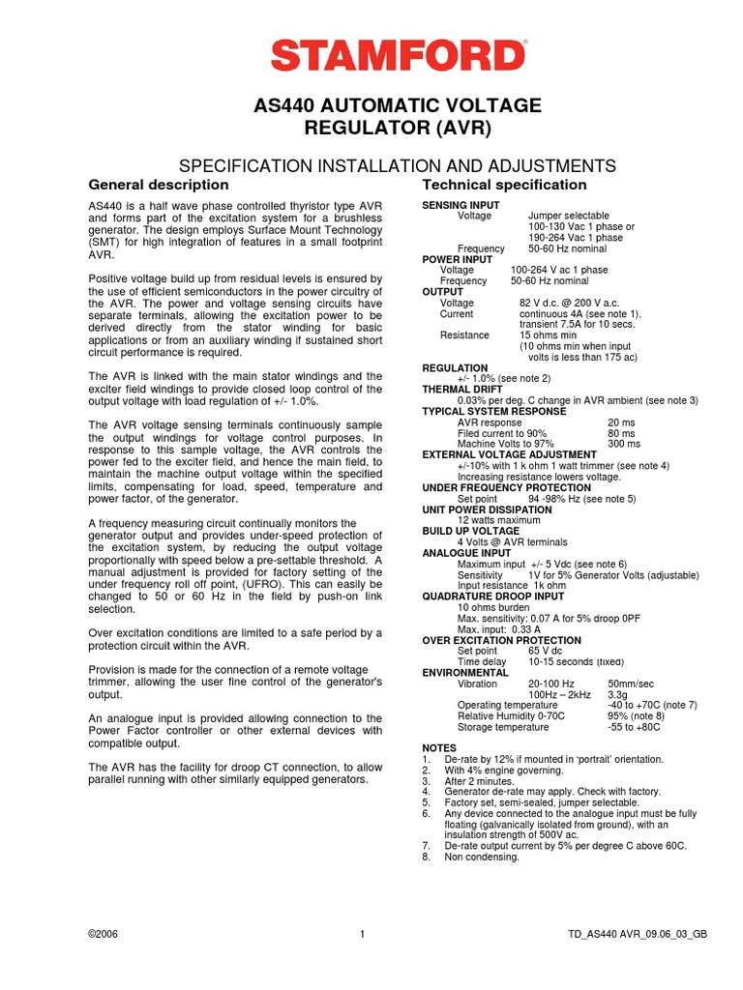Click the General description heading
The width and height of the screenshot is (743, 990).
[159, 185]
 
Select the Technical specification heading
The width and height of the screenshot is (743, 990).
[504, 185]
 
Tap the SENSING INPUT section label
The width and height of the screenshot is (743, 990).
[461, 205]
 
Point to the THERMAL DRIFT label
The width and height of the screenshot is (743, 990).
[462, 390]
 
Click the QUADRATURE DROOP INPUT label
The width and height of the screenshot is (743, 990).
[493, 597]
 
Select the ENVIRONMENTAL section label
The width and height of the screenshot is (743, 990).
[465, 672]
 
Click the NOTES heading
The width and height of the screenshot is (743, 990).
[439, 748]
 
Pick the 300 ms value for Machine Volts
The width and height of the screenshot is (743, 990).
[623, 444]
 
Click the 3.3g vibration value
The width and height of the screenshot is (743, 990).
[617, 694]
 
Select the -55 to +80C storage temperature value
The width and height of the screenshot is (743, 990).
[639, 726]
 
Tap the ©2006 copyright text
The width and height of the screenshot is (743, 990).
[103, 935]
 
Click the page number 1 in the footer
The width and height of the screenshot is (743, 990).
[362, 935]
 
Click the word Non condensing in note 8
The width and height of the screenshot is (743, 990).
[482, 857]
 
